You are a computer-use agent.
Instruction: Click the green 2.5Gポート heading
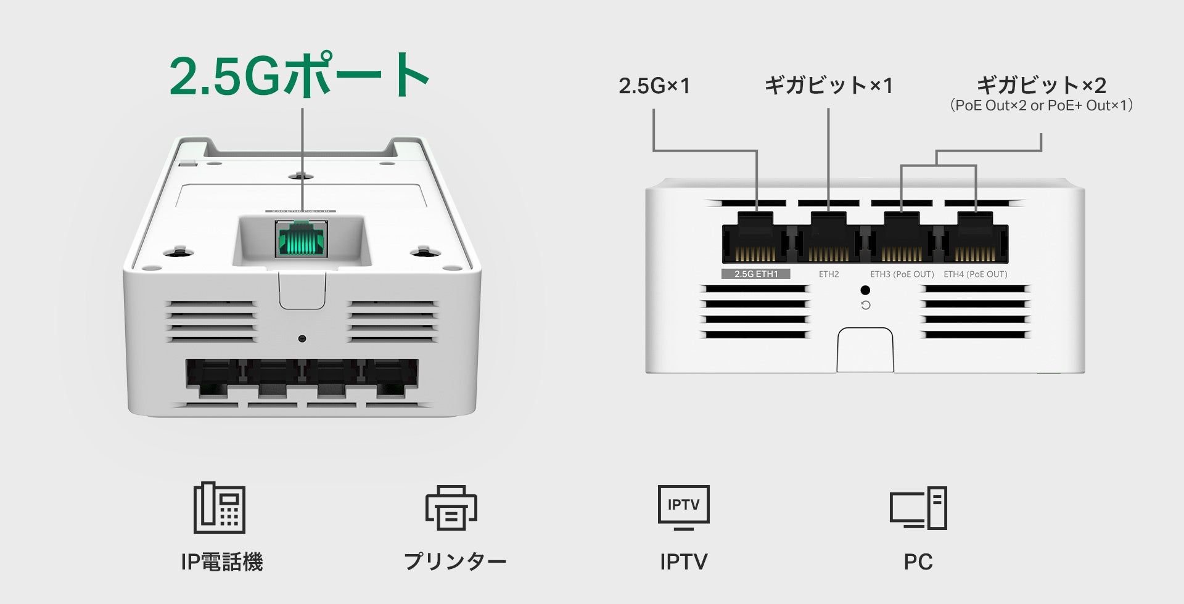click(x=299, y=76)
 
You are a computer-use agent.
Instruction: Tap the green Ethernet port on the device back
click(x=302, y=239)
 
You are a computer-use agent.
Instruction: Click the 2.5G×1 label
click(x=654, y=86)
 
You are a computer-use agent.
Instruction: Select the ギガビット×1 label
click(x=828, y=86)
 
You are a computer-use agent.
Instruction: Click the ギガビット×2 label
click(x=1041, y=85)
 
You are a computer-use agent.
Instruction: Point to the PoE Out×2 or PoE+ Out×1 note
click(x=1041, y=105)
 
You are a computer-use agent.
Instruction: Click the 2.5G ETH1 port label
click(x=755, y=274)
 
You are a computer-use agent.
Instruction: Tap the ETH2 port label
click(x=829, y=274)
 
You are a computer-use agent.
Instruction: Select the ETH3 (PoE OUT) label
click(x=902, y=274)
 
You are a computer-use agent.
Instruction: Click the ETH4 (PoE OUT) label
click(x=975, y=274)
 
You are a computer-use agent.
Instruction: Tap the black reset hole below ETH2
click(x=865, y=290)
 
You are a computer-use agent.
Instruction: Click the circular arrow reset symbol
click(x=866, y=305)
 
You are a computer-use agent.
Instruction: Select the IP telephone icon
click(x=220, y=508)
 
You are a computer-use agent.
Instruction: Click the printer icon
click(x=451, y=508)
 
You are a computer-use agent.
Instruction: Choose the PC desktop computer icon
click(x=918, y=508)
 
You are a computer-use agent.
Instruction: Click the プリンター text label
click(x=454, y=561)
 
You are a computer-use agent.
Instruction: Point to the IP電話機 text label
click(x=221, y=561)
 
